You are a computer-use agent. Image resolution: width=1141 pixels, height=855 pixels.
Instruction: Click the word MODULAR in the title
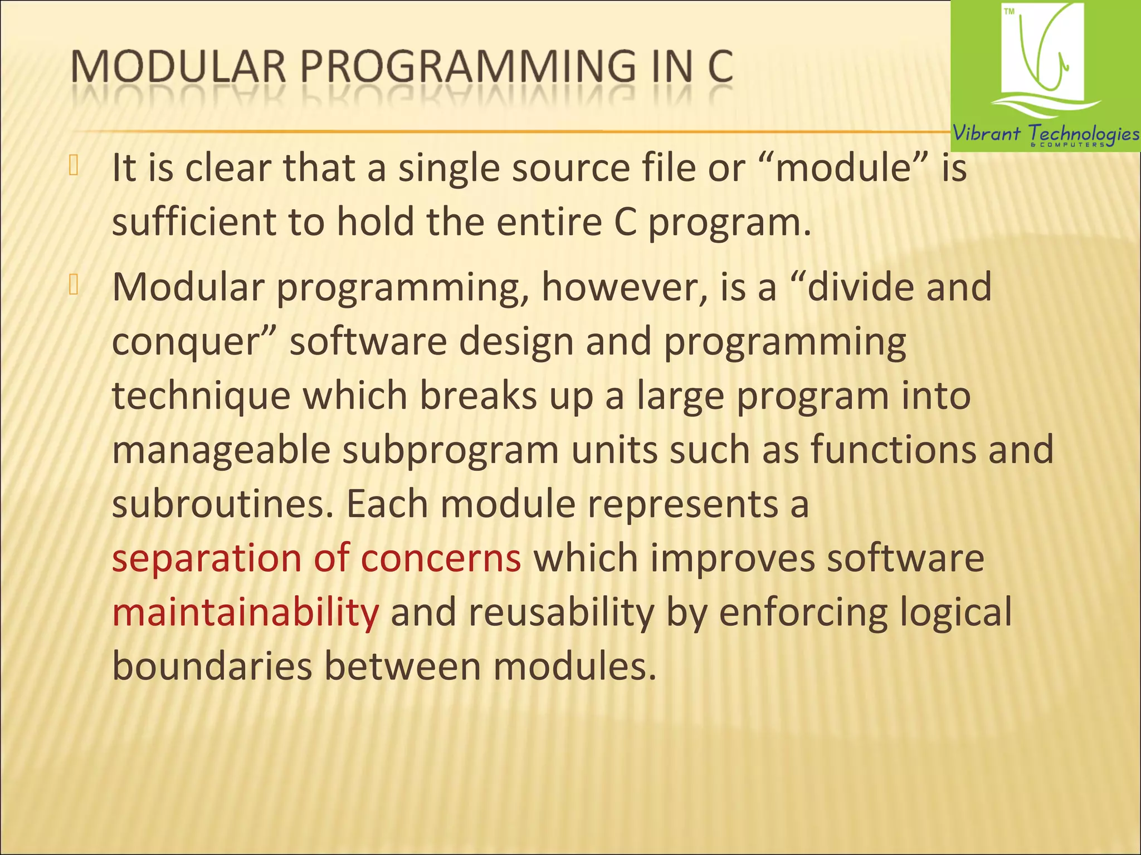click(178, 68)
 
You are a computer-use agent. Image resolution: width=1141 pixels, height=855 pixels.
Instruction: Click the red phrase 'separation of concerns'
click(316, 558)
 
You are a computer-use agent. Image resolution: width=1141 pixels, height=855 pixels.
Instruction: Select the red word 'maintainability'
click(245, 612)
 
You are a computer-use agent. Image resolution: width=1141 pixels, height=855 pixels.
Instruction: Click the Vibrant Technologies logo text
click(1045, 134)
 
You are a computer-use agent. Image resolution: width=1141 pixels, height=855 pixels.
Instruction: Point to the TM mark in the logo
click(1009, 12)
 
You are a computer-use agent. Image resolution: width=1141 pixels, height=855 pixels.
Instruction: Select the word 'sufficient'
click(194, 222)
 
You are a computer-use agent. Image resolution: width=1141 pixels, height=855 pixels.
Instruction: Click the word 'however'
click(618, 287)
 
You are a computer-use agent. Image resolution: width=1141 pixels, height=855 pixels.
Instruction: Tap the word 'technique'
click(201, 396)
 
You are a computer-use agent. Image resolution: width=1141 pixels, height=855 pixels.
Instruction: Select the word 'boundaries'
click(212, 666)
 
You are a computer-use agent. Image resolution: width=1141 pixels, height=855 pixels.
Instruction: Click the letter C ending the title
click(720, 68)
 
